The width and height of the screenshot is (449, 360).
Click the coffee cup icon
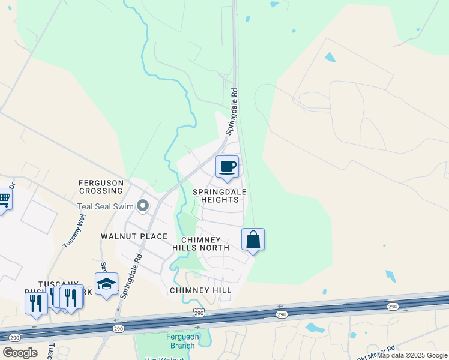[x=227, y=167]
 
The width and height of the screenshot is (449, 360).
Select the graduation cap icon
[x=106, y=283]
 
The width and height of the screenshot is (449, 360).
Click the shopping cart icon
[x=4, y=199]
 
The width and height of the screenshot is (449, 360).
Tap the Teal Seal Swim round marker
[x=143, y=206]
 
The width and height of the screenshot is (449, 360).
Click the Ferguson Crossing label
[x=101, y=187]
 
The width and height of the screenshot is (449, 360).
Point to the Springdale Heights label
[x=220, y=196]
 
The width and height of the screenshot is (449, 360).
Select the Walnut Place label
[x=133, y=236]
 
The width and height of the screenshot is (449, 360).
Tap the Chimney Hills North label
[x=200, y=244]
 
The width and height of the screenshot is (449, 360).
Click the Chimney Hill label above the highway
[x=200, y=290]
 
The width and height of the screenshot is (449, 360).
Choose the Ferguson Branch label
[x=181, y=341]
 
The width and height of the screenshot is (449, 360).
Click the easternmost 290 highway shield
[x=393, y=307]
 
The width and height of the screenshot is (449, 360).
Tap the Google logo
[x=20, y=353]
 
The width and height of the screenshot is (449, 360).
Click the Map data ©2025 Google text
[x=412, y=355]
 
